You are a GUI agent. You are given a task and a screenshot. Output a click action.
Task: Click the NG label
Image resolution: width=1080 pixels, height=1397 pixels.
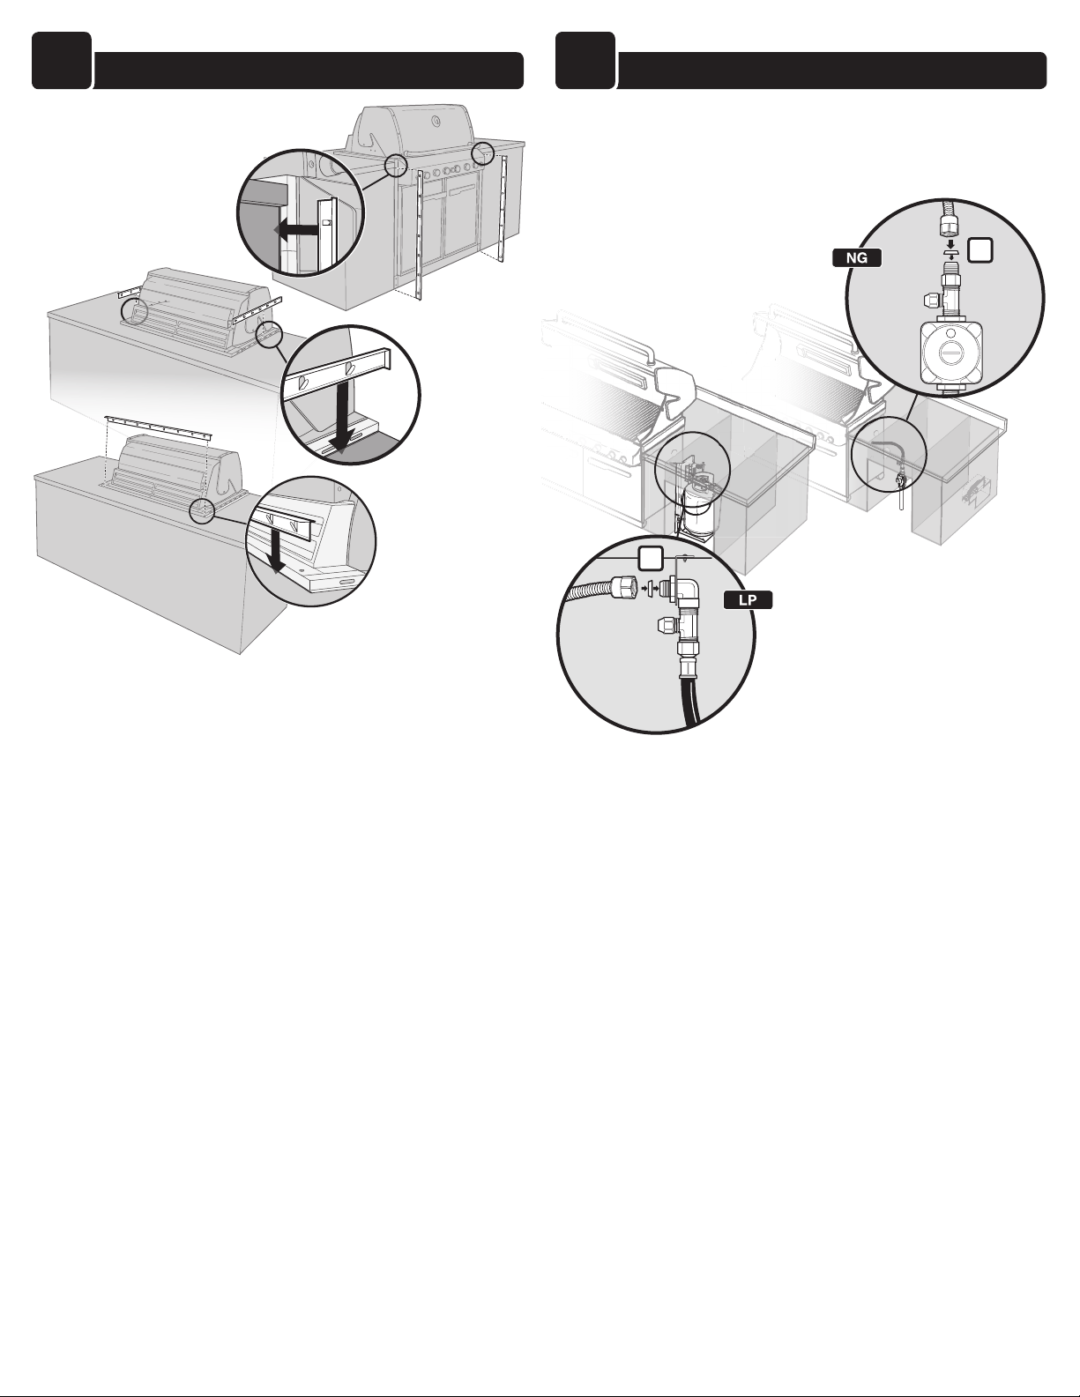[x=856, y=257]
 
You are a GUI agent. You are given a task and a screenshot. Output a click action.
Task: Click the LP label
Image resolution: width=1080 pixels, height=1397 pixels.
[x=748, y=600]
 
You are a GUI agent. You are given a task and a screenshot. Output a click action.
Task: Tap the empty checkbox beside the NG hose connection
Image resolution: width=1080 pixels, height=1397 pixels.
[x=979, y=249]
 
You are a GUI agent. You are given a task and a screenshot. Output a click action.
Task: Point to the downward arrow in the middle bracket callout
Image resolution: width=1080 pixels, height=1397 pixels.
[x=340, y=417]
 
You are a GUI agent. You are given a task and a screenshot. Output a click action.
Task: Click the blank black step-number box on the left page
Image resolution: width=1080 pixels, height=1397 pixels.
[x=61, y=60]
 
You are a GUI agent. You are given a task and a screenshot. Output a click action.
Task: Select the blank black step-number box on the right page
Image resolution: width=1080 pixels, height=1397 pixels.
[x=585, y=60]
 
